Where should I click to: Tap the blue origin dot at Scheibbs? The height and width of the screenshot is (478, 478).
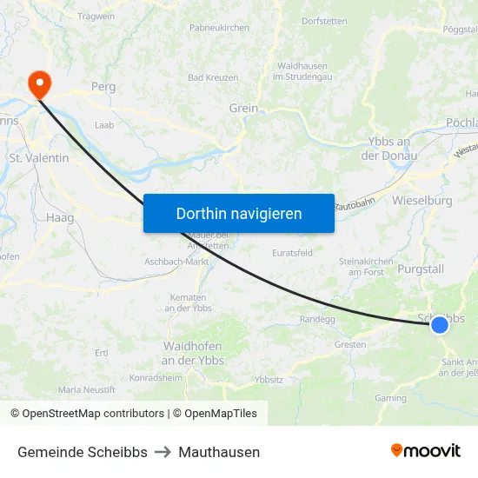coord(440,324)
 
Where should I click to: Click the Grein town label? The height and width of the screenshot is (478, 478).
coord(243,109)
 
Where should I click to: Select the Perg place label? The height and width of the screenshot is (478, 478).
coord(103,87)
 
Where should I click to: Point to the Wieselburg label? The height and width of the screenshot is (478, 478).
coord(422,201)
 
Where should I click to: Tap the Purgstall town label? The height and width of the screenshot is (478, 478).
coord(421,269)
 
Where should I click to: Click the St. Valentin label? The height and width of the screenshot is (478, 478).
coord(38,158)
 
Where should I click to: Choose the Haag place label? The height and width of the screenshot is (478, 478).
coord(61,218)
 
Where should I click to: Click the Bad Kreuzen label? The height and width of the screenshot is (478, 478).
coord(213,77)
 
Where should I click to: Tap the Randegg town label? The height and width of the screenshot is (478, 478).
coord(317,319)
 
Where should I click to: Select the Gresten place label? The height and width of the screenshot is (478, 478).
coord(350,344)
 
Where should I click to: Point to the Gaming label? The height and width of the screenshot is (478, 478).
coord(390,397)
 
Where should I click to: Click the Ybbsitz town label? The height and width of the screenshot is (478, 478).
coord(268,380)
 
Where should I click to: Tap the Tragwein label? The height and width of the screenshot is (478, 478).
coord(96,17)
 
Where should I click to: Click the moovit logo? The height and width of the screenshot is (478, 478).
coord(426,450)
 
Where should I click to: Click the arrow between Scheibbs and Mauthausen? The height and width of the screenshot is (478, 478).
coord(163,452)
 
